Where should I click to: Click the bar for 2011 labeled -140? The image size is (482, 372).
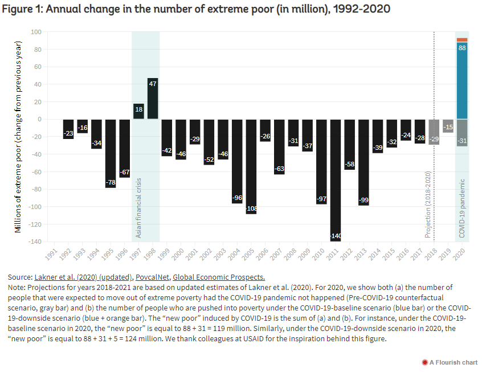(x=336, y=179)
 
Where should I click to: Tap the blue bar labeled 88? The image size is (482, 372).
(x=462, y=80)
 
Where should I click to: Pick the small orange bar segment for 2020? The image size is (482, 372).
(x=462, y=40)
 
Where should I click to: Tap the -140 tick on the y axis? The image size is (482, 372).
(x=36, y=242)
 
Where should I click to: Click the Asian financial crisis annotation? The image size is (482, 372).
(x=138, y=208)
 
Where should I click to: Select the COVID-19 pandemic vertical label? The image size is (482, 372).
(x=462, y=207)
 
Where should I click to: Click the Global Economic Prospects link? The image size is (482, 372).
(x=218, y=277)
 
